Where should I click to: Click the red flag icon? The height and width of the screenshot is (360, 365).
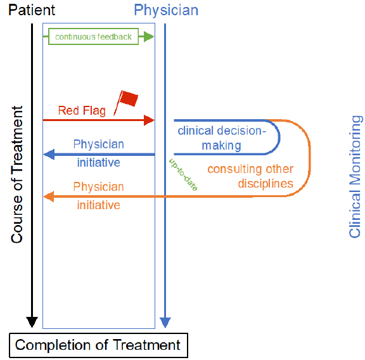coord(127,100)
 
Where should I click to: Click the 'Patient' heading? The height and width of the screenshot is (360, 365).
coord(32,10)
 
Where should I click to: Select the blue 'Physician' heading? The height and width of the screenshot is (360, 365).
coord(166,10)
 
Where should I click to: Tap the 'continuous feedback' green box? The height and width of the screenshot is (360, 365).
coord(94,37)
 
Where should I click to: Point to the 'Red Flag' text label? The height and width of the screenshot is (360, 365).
coord(82,111)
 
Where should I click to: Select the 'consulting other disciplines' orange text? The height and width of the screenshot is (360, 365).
coord(250,176)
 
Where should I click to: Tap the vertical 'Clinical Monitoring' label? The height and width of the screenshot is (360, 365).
coord(355,176)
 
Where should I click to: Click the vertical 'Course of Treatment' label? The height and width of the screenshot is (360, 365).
coord(17,174)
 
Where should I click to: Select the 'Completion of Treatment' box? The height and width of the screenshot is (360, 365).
coord(98,345)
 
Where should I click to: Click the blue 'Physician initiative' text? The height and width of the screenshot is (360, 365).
coord(98,153)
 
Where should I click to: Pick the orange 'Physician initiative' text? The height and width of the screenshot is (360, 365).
coord(98,195)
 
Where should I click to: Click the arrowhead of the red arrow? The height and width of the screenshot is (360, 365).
coord(150,119)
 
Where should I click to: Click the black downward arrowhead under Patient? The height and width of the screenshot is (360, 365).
coord(32,321)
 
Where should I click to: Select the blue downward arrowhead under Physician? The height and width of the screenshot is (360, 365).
coord(165,321)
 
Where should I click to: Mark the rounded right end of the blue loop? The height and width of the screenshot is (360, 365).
coord(279,137)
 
